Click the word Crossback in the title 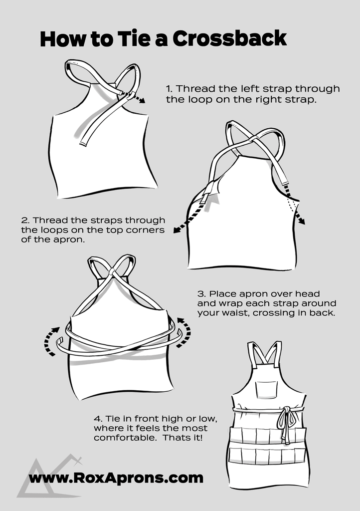coord(229,38)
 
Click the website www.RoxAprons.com coord(116,478)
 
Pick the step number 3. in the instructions coord(201,293)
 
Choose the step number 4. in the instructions coord(98,419)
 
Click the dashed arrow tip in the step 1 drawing coord(143,101)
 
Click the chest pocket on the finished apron coord(266,389)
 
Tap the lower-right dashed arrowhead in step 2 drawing coord(302,221)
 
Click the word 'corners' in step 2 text coord(147,230)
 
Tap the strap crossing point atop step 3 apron coord(112,271)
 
